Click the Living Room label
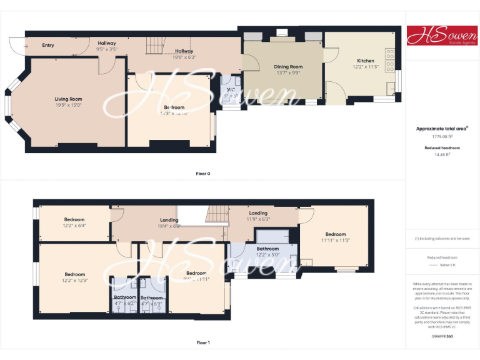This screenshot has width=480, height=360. (68, 99)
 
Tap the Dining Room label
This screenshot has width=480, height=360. (288, 67)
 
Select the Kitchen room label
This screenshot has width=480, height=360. (366, 61)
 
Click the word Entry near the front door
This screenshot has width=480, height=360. (48, 45)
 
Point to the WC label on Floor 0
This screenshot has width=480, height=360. (231, 89)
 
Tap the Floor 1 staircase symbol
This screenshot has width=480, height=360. (218, 214)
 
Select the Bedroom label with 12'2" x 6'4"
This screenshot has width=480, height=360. (74, 219)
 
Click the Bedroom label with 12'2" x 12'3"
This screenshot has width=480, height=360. (74, 274)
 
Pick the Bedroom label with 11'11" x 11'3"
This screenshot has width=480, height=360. (335, 234)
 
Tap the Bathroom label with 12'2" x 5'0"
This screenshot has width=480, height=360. (268, 249)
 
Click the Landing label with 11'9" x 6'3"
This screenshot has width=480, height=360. (258, 213)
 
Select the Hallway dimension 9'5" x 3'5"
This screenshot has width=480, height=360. (107, 49)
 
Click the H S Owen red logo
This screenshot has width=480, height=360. (442, 36)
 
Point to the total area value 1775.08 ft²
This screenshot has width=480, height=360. (441, 136)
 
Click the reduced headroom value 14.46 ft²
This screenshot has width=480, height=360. (442, 154)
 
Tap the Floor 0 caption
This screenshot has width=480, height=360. (203, 173)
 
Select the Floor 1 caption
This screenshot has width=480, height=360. (203, 342)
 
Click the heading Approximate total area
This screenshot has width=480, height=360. (441, 129)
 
